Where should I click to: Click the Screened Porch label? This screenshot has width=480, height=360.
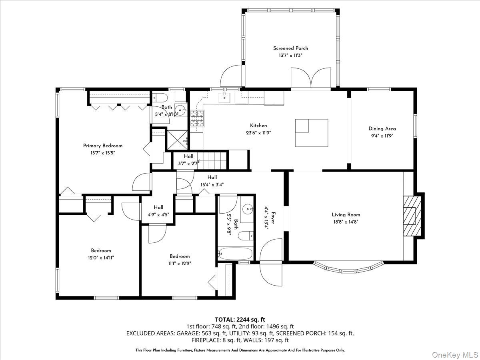coord(290,48)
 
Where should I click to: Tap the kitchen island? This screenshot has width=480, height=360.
coord(312,133)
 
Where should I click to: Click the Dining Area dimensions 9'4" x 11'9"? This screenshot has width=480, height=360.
coord(382,136)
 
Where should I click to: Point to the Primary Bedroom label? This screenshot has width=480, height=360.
coord(103,146)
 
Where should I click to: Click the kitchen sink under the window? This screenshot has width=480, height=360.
coord(224,96)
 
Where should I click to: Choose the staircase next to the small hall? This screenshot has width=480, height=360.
coord(214,160)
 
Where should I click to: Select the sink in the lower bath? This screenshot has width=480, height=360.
coord(248,209)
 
